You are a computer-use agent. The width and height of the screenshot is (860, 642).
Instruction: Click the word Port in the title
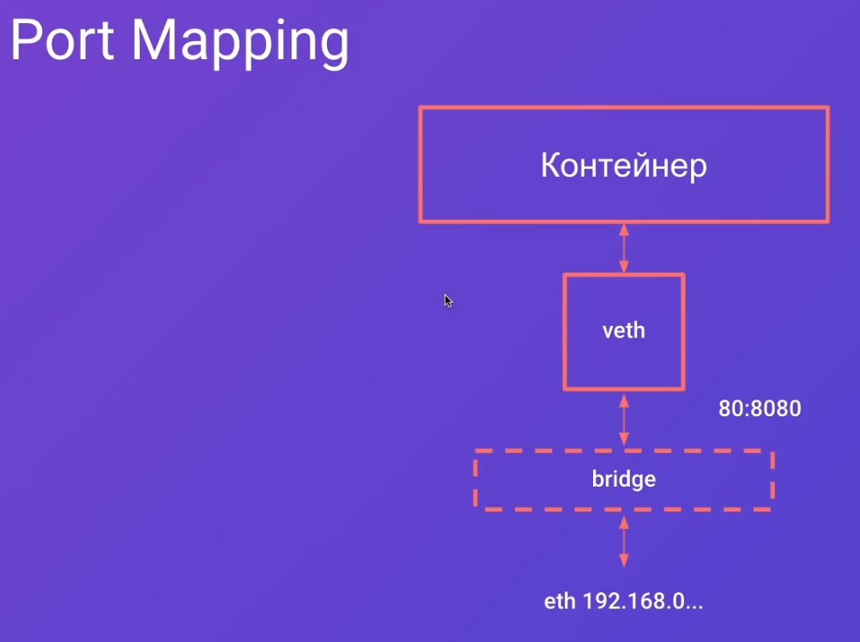click(x=62, y=40)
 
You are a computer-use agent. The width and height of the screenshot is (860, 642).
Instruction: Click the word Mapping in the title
click(x=240, y=44)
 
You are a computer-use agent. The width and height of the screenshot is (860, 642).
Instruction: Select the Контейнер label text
click(x=624, y=165)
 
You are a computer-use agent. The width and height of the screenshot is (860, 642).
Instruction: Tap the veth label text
click(x=624, y=330)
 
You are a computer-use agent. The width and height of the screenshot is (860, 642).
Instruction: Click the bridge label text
click(x=624, y=480)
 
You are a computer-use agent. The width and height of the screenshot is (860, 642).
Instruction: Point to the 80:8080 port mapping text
click(x=760, y=409)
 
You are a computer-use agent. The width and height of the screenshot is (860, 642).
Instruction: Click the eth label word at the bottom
click(x=560, y=602)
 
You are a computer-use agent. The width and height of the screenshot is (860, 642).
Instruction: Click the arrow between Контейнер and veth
click(x=624, y=248)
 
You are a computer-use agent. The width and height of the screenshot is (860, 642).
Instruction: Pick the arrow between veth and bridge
click(x=624, y=421)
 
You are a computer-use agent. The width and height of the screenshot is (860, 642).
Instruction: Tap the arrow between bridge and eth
click(x=624, y=542)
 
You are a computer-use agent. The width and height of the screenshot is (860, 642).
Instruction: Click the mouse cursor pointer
click(x=448, y=301)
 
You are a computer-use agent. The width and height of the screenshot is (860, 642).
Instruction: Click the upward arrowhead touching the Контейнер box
click(x=624, y=230)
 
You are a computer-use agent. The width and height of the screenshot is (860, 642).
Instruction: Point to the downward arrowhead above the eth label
click(x=624, y=560)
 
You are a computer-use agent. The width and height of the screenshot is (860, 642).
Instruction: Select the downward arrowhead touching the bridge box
click(x=624, y=439)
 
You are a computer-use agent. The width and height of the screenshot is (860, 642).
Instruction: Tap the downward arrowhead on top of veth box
click(x=624, y=266)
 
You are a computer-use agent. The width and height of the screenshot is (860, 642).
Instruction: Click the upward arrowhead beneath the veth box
click(x=624, y=402)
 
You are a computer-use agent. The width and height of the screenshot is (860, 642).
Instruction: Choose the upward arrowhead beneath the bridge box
click(x=624, y=523)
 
